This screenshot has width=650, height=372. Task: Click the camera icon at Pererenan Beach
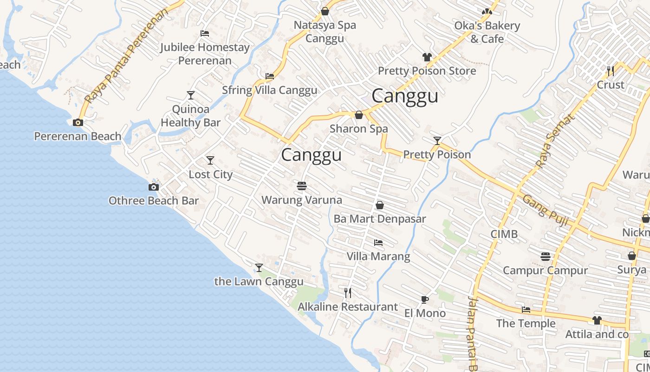(x=78, y=123)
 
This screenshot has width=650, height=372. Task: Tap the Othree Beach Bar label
(x=153, y=201)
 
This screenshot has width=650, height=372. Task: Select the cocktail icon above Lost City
(x=210, y=160)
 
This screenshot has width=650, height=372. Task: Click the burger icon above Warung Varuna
(x=302, y=186)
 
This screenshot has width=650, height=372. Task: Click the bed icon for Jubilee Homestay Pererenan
(x=205, y=33)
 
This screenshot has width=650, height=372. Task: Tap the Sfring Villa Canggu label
(x=269, y=90)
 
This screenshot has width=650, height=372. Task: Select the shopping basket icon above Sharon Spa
(x=359, y=115)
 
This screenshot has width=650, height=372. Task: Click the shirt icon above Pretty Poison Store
(x=427, y=57)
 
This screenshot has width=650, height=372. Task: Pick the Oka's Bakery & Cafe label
(x=487, y=32)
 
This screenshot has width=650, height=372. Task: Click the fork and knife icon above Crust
(x=611, y=71)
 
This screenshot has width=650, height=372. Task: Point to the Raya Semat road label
(x=555, y=141)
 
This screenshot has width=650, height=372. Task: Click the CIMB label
(x=504, y=234)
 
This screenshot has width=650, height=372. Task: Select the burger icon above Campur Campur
(x=546, y=256)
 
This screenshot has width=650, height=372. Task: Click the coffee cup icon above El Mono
(x=424, y=299)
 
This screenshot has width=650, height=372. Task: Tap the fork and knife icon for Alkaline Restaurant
(x=348, y=292)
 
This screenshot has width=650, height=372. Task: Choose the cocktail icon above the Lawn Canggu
(x=259, y=268)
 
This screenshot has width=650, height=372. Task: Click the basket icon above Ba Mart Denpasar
(x=380, y=205)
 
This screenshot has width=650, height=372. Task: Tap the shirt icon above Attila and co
(x=597, y=320)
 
